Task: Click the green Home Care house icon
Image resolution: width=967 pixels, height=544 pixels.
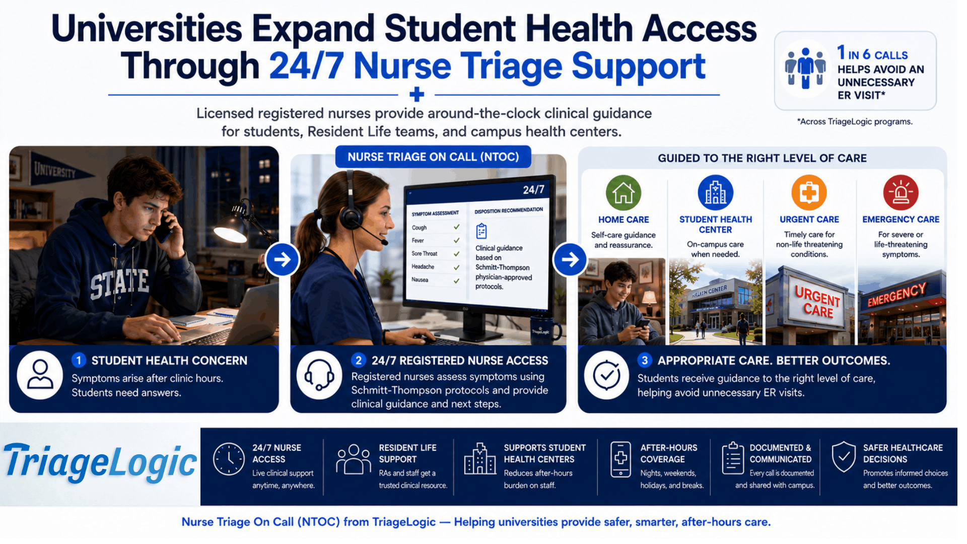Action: (624, 193)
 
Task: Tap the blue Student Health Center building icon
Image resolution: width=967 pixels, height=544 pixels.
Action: (715, 193)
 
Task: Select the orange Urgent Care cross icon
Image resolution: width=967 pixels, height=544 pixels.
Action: (809, 193)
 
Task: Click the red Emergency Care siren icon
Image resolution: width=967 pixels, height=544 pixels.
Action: (901, 193)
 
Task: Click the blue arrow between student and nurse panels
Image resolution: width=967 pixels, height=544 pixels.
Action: (282, 259)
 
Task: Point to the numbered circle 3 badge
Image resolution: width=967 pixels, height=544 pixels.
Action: (645, 360)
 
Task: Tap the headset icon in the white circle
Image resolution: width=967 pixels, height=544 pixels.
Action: (319, 375)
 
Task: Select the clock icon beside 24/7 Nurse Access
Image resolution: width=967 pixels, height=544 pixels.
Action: (229, 459)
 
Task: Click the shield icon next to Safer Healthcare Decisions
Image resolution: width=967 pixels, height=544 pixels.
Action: (844, 457)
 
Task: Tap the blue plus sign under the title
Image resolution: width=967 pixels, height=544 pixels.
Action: (417, 94)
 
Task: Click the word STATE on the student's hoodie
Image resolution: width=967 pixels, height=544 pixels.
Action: (119, 284)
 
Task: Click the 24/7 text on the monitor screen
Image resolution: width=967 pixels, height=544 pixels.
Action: (533, 190)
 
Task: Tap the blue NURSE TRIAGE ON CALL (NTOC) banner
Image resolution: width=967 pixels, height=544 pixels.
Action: (433, 157)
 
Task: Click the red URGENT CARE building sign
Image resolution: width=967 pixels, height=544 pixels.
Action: (817, 301)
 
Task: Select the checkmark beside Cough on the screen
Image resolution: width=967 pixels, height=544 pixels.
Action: (456, 227)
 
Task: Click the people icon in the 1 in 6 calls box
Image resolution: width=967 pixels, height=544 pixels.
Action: (805, 68)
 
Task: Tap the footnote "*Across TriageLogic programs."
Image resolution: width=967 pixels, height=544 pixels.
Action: (855, 121)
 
